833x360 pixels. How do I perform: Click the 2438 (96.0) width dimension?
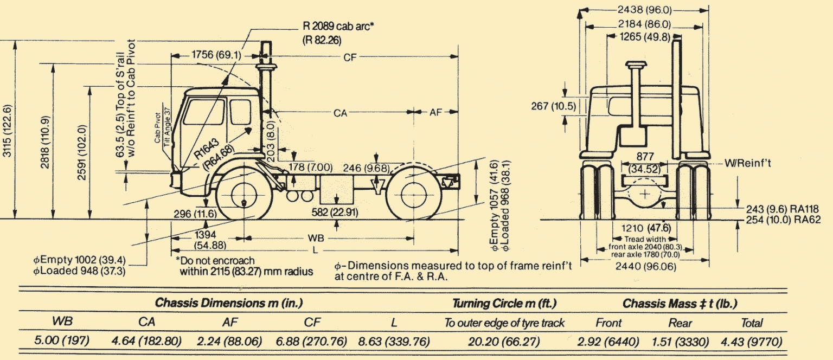[645, 9]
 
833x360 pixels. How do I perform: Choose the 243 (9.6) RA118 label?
[780, 209]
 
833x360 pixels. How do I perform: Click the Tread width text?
[645, 239]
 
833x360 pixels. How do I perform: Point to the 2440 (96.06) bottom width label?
[645, 266]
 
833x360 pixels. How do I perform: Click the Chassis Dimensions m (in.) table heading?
[228, 303]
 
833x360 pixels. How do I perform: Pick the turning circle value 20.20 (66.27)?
[505, 342]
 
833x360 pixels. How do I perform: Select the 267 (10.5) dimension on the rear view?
[553, 106]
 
